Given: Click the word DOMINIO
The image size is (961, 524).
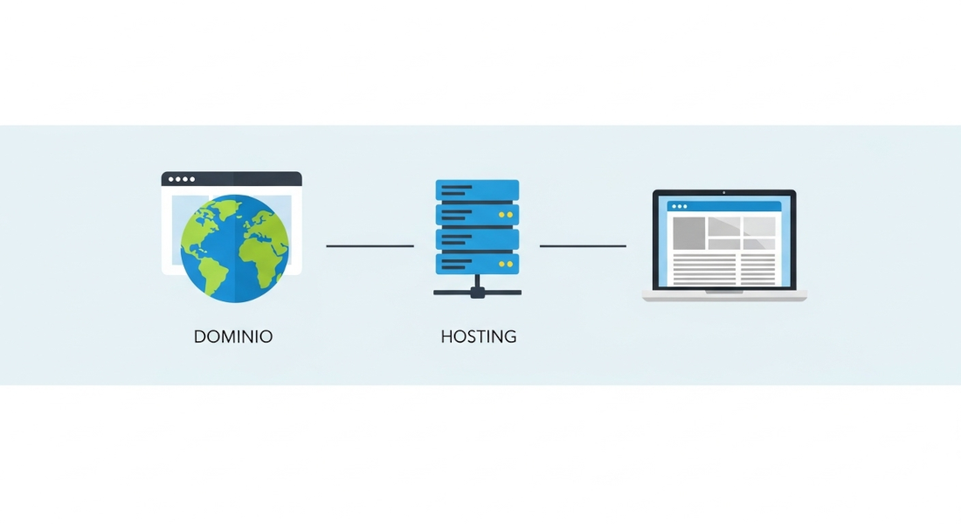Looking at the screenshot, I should pos(232,336).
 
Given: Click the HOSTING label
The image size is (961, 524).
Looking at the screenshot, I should pos(478,336).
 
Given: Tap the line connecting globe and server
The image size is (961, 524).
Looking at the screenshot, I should pos(370,246).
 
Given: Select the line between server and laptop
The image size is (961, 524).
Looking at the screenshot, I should pos(583,246).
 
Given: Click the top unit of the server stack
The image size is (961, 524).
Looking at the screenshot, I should pos(477,190).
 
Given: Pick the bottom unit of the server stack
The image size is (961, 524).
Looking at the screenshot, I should pos(477,263).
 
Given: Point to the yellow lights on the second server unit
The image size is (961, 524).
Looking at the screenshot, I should pos(505,214).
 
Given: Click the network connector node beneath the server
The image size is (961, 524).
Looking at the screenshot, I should pos(477,293).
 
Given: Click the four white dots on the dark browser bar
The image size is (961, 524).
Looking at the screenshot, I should pos(182,179).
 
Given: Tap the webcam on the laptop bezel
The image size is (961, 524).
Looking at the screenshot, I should pos(723,193).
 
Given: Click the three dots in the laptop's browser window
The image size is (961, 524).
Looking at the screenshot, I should pos(679,207).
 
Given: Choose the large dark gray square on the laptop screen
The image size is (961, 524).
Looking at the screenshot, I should pos(688,232).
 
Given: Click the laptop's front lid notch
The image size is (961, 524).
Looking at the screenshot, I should pos(724,292).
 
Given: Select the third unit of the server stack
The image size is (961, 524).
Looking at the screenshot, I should pos(477,238).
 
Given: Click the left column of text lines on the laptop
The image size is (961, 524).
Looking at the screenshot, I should pos(704,269).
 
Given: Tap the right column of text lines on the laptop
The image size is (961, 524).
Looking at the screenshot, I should pos(758,269).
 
